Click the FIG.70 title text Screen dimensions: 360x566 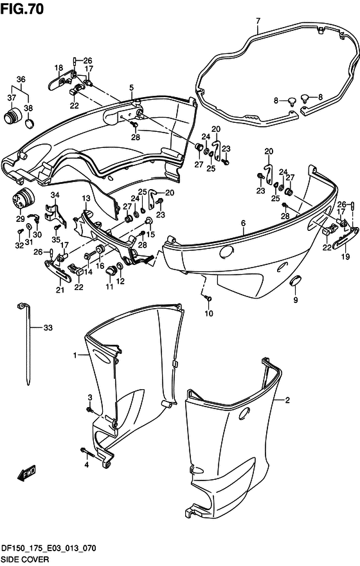point(22,8)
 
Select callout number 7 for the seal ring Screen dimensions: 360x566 point(258,21)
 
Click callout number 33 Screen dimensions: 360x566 point(48,327)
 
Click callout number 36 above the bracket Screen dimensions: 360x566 point(21,79)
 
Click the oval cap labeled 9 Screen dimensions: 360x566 point(296,280)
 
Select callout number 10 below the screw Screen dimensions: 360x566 point(209,313)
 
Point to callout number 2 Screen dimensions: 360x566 point(287,400)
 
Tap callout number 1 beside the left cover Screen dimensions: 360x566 point(75,356)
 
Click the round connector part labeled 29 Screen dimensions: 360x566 point(23,198)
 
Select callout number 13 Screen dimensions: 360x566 point(86,198)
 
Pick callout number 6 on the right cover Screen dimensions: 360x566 point(244,223)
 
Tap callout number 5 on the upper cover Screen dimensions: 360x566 point(131,87)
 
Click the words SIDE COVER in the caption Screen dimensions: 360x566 point(25,560)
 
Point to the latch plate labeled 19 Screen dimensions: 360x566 point(346,239)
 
